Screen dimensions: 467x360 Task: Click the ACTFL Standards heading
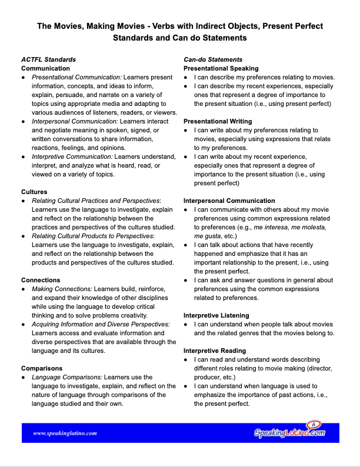[48, 59]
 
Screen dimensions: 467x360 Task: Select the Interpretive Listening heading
[216, 315]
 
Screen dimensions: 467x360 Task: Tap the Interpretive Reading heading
[215, 351]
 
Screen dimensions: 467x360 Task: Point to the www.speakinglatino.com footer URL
[65, 433]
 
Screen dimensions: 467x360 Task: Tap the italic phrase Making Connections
[62, 289]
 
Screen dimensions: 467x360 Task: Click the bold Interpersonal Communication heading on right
[229, 201]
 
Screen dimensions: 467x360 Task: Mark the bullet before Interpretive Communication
[23, 156]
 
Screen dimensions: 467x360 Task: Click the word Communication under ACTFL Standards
[45, 68]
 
